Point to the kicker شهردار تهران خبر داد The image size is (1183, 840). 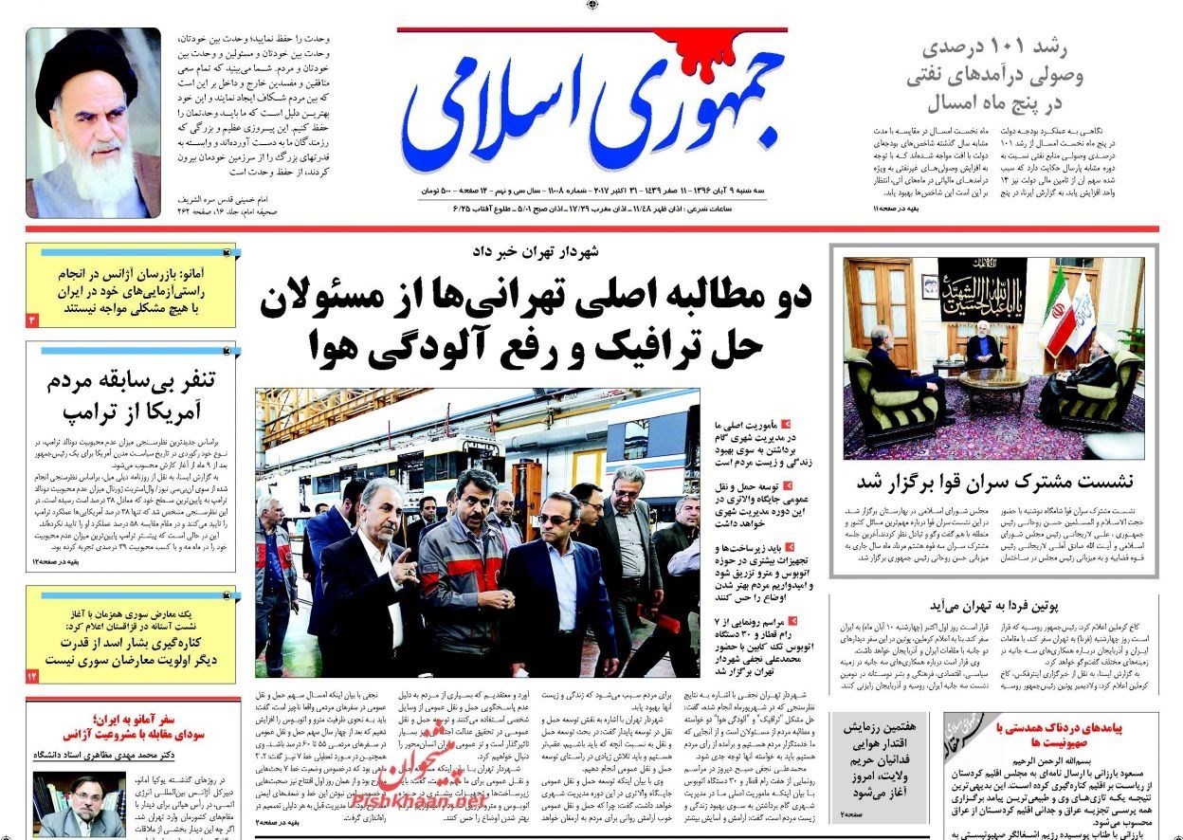(x=550, y=252)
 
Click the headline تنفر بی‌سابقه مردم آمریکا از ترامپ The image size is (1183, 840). (x=132, y=396)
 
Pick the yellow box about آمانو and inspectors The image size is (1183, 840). (x=130, y=284)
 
